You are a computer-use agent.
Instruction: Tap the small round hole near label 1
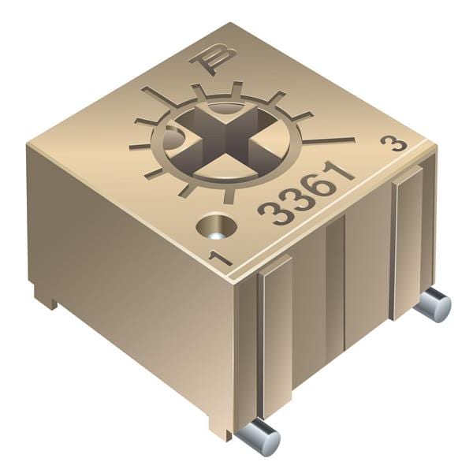pos(218,227)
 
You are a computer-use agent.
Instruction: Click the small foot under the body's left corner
pos(46,297)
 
